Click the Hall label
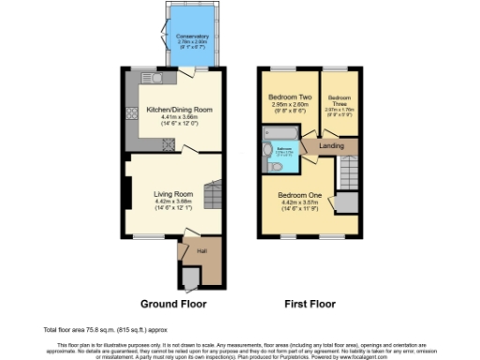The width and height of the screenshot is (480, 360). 202,251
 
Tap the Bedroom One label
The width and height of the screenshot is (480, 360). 300,195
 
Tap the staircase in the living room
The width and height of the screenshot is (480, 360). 215,197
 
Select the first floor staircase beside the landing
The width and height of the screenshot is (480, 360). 349,172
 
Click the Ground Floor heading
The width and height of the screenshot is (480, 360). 173,304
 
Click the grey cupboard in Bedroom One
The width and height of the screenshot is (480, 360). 347,203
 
